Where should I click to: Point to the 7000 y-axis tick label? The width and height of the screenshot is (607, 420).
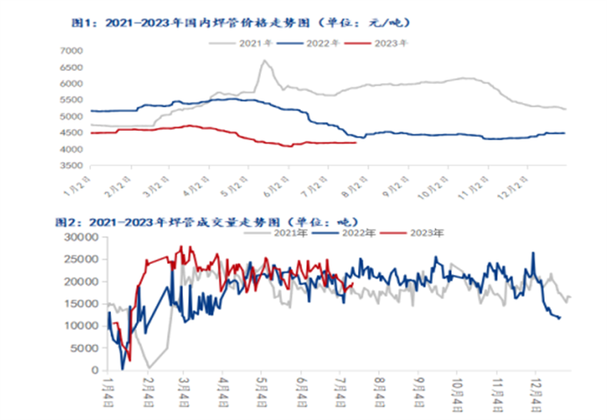click(71, 51)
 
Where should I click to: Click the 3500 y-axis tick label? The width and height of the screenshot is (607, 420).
click(71, 165)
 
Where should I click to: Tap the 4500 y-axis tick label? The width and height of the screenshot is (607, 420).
click(71, 132)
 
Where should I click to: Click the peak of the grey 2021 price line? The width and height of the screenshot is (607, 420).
click(264, 61)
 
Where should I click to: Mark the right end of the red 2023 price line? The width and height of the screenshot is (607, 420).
click(356, 143)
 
